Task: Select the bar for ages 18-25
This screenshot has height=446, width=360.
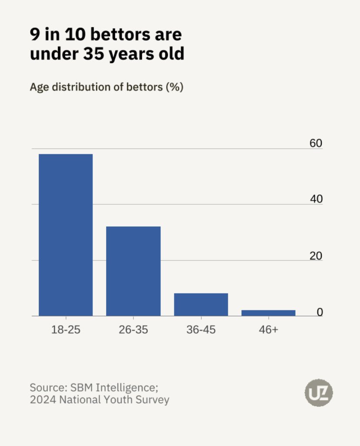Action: click(x=66, y=235)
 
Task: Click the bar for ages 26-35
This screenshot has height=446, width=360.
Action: click(x=133, y=271)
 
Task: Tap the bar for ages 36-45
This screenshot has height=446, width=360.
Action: click(x=201, y=304)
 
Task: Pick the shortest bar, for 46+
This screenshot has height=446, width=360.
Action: click(x=268, y=313)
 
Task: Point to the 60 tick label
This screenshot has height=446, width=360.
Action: click(x=316, y=143)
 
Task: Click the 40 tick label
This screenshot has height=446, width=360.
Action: click(x=316, y=199)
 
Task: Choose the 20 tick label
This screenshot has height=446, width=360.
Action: click(x=316, y=256)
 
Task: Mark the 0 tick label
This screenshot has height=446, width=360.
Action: click(x=320, y=312)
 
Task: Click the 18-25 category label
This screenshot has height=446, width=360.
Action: click(x=66, y=330)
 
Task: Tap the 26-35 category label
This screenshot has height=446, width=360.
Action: click(x=133, y=330)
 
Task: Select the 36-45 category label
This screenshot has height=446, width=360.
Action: click(x=201, y=330)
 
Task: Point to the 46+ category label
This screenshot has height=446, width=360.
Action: click(x=268, y=330)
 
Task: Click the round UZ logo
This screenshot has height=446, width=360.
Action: click(x=319, y=393)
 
